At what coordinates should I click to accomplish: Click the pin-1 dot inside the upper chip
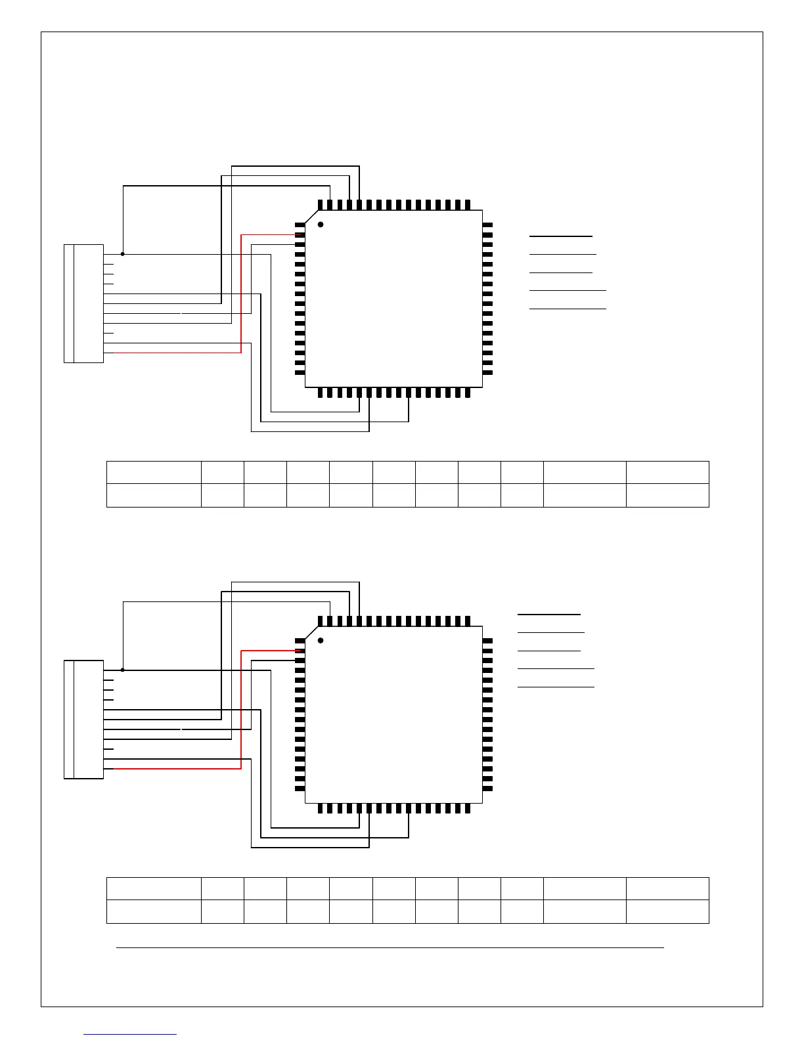[x=321, y=225]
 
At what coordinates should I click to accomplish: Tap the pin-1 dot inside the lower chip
[x=321, y=640]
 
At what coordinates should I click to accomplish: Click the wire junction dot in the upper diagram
[x=123, y=253]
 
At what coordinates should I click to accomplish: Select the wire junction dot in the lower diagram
[x=123, y=670]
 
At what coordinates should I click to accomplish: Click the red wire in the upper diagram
[x=242, y=295]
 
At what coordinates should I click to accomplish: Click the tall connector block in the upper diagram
[x=83, y=303]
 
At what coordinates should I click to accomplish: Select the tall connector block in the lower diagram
[x=83, y=719]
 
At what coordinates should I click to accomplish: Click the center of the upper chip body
[x=394, y=299]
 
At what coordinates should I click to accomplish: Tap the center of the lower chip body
[x=394, y=714]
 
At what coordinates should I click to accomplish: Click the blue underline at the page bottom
[x=130, y=1035]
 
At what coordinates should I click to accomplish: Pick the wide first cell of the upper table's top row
[x=154, y=473]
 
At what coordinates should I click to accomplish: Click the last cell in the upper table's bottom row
[x=667, y=495]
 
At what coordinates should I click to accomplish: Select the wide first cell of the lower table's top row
[x=154, y=888]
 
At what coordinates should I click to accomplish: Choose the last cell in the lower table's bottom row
[x=667, y=911]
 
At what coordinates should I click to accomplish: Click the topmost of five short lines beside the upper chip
[x=560, y=235]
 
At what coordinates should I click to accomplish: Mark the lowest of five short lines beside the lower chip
[x=556, y=687]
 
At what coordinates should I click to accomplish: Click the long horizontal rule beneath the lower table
[x=390, y=947]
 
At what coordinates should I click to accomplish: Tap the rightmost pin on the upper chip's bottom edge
[x=468, y=393]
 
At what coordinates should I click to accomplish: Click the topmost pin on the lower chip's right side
[x=487, y=641]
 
